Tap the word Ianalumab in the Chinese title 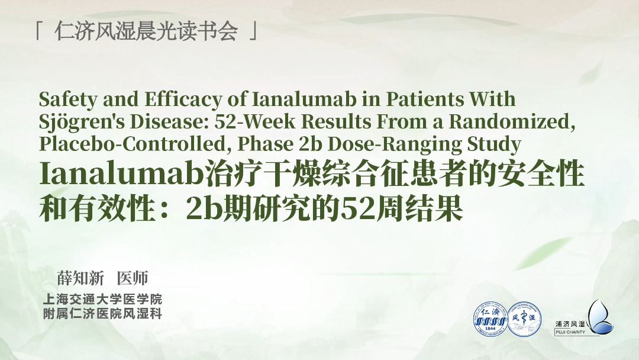[121, 173]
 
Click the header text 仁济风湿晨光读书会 [146, 31]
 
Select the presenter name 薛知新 [80, 278]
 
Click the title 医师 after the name [133, 278]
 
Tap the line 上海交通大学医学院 [103, 299]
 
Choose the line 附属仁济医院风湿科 [103, 314]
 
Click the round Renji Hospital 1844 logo [490, 319]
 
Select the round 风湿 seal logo [524, 319]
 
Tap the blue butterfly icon [601, 317]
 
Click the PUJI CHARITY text [570, 332]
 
